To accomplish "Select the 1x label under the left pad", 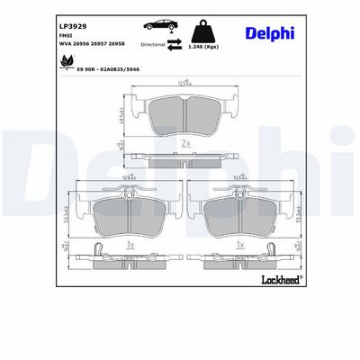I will [130, 243].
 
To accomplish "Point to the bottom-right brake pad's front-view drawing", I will [239, 212].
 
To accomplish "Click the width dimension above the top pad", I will [184, 82].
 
